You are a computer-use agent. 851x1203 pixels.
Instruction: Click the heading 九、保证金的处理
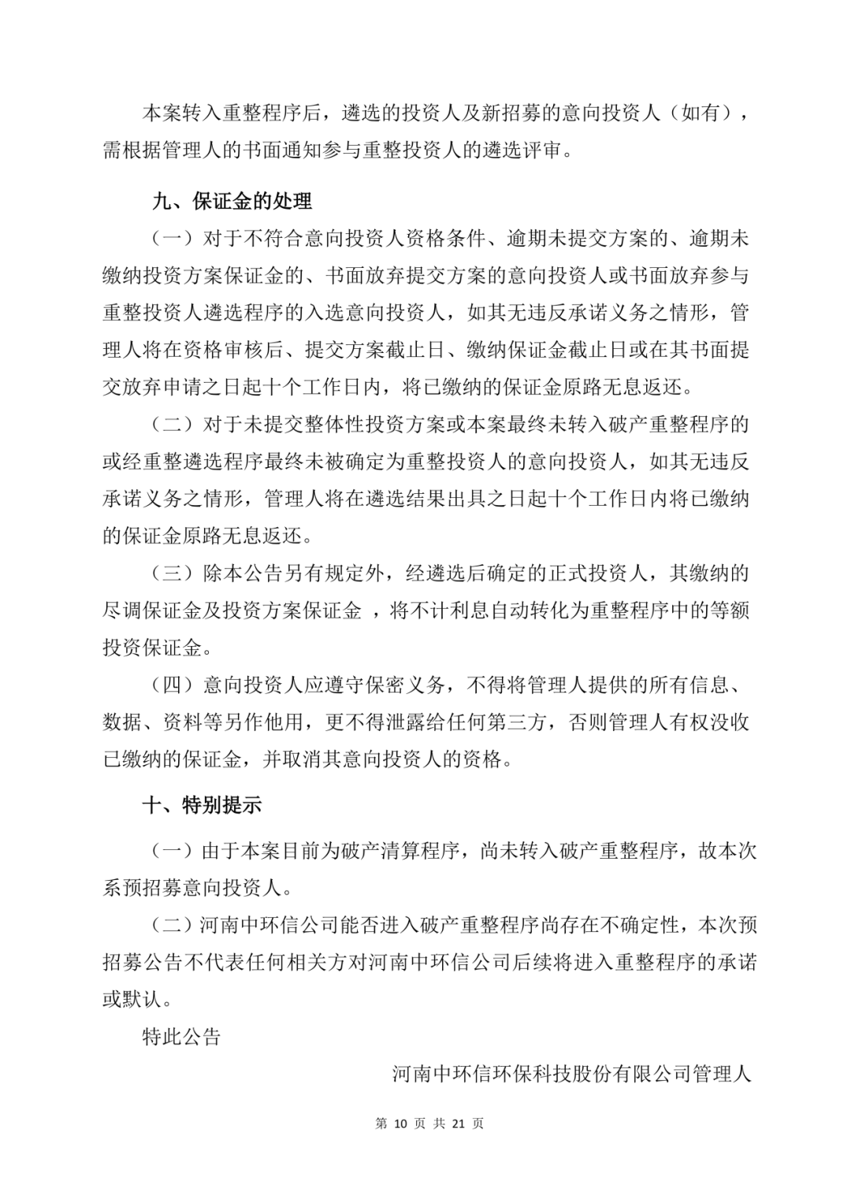click(x=232, y=202)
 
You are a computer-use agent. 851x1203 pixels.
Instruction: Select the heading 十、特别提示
click(x=202, y=805)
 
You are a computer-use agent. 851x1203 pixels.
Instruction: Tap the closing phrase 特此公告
click(x=181, y=1037)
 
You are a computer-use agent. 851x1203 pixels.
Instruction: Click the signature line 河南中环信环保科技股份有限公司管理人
click(x=572, y=1074)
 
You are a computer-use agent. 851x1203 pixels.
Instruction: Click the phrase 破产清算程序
click(x=397, y=851)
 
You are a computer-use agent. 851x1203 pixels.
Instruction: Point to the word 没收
click(x=729, y=722)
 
